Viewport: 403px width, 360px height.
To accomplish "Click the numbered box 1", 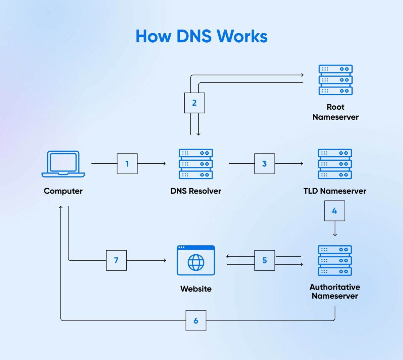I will coord(127,164).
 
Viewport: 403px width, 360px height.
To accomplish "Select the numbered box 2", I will coord(194,103).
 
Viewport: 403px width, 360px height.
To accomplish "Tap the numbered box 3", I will coord(265,164).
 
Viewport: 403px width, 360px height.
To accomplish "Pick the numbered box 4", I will coord(334,211).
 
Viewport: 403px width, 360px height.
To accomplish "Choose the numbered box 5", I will coord(265,260).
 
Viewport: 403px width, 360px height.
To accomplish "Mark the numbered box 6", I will coord(196,321).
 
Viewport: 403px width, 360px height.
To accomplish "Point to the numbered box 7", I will coord(116,260).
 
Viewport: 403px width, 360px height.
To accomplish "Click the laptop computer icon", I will coord(63,164).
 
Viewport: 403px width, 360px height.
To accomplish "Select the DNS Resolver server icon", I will coord(196,164).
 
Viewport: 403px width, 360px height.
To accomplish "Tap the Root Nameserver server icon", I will coord(335,80).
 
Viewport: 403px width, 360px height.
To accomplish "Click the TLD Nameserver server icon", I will coord(335,164).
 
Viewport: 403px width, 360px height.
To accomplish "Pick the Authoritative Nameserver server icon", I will coord(335,260).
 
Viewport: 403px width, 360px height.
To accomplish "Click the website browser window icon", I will coord(196,260).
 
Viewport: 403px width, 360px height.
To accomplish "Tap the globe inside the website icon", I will coord(196,262).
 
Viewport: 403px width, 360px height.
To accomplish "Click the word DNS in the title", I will coord(194,36).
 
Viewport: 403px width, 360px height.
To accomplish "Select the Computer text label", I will coord(63,191).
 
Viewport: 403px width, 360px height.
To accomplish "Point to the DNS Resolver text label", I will coord(196,191).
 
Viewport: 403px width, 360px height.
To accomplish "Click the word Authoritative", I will coord(335,287).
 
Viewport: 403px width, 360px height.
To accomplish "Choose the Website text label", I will coord(196,289).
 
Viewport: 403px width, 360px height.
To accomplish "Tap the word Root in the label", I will coord(335,107).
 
